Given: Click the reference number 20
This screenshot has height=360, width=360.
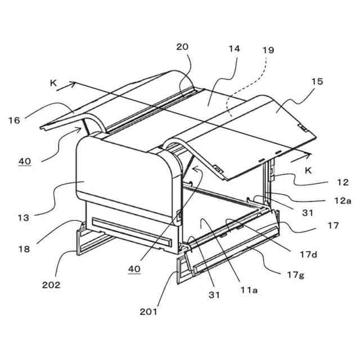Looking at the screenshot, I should [183, 47].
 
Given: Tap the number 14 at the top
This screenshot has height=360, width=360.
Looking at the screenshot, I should [234, 48].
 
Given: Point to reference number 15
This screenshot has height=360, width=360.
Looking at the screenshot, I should [317, 82].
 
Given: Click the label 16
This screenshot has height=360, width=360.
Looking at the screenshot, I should [14, 119].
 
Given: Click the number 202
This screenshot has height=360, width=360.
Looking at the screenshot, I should [51, 284].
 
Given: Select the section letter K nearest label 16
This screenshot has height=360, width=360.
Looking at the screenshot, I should [53, 83].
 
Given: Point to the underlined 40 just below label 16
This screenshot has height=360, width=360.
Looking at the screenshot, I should [24, 161].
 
